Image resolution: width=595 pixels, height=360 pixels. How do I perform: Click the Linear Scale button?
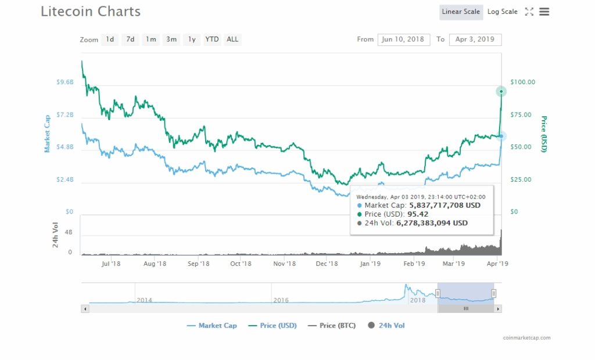461,12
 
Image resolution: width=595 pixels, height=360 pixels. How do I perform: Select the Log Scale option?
502,12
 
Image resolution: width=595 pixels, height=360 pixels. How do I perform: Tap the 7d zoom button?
131,39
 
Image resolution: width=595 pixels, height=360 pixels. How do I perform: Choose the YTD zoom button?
212,39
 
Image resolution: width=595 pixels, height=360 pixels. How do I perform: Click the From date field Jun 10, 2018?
404,39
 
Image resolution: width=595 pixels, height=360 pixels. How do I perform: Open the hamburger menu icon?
544,12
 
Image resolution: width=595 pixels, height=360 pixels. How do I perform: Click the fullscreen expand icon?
529,12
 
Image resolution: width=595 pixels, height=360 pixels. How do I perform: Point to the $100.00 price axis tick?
522,82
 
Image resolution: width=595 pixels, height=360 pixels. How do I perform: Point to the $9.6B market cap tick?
64,82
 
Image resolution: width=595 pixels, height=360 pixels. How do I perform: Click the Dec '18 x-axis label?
327,264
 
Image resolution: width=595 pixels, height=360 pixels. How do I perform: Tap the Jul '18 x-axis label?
110,264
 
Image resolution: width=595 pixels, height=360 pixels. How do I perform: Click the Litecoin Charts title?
91,11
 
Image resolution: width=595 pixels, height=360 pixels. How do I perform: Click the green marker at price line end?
501,91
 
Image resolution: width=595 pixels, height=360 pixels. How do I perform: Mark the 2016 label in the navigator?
281,300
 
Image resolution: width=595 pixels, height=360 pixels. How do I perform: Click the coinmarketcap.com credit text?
526,337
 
